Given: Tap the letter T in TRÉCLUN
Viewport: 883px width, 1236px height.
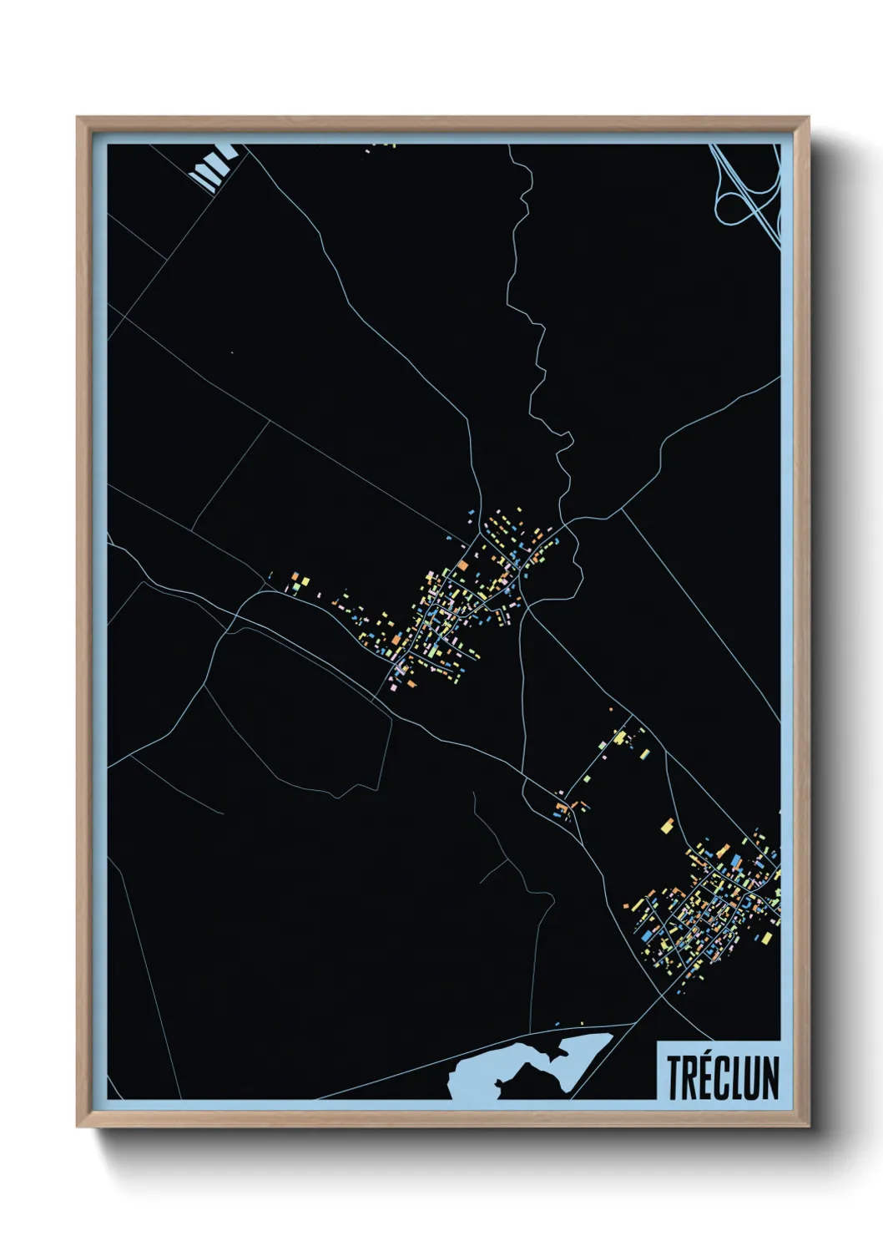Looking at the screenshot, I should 674,1078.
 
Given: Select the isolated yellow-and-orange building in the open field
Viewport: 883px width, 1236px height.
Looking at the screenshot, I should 667,826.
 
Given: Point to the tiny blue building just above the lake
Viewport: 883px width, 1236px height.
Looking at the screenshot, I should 558,1024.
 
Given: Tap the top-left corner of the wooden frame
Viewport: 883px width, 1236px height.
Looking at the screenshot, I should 78,119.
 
